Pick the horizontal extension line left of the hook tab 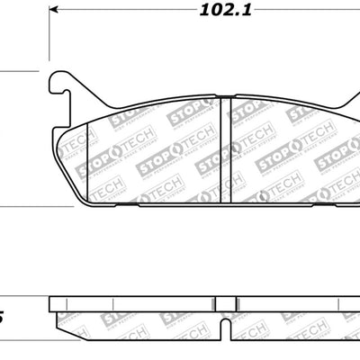tap(18, 70)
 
